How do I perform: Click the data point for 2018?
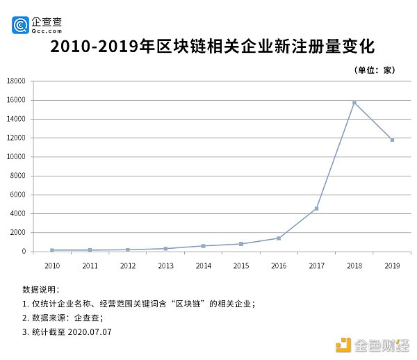(354, 103)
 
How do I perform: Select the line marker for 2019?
(392, 140)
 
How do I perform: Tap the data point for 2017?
(316, 208)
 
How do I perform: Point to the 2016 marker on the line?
(279, 238)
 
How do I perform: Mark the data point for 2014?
(203, 246)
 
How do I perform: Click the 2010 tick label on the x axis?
(52, 265)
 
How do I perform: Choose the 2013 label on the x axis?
(165, 265)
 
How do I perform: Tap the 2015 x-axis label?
(241, 265)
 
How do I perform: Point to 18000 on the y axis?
(16, 81)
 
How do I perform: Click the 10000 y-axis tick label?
(16, 157)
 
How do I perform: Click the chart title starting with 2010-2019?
(213, 47)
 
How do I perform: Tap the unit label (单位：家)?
(375, 69)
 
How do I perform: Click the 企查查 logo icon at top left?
(20, 25)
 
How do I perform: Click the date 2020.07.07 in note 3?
(90, 332)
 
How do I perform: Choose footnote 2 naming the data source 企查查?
(63, 318)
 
